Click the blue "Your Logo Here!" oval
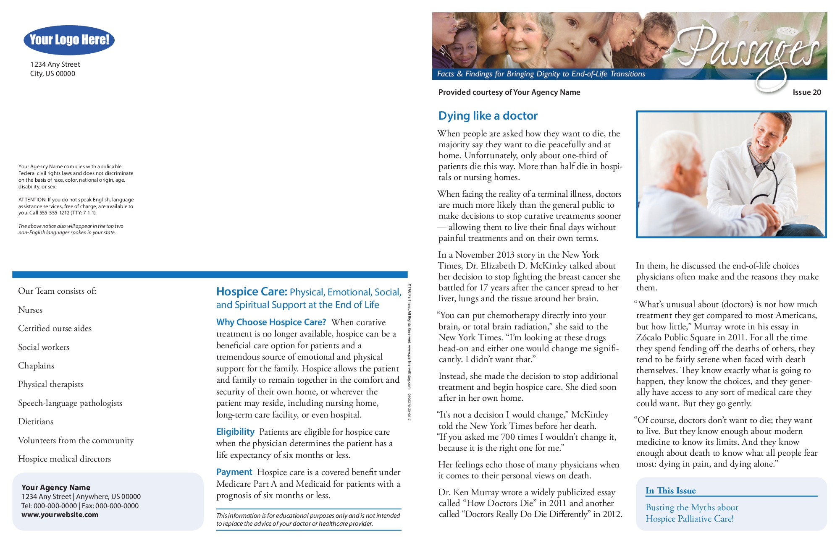(x=69, y=40)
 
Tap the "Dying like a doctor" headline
(x=488, y=116)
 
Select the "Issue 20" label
(x=806, y=92)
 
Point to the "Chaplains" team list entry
(x=36, y=366)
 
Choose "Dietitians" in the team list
(x=36, y=422)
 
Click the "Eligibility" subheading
(x=235, y=432)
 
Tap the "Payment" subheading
(x=234, y=472)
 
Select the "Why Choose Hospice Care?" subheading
(x=271, y=322)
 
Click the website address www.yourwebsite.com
(x=60, y=515)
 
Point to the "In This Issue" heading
(x=670, y=491)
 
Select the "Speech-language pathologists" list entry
(x=70, y=403)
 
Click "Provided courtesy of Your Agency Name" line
(x=509, y=92)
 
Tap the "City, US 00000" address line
(x=52, y=74)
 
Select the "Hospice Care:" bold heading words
(x=252, y=292)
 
